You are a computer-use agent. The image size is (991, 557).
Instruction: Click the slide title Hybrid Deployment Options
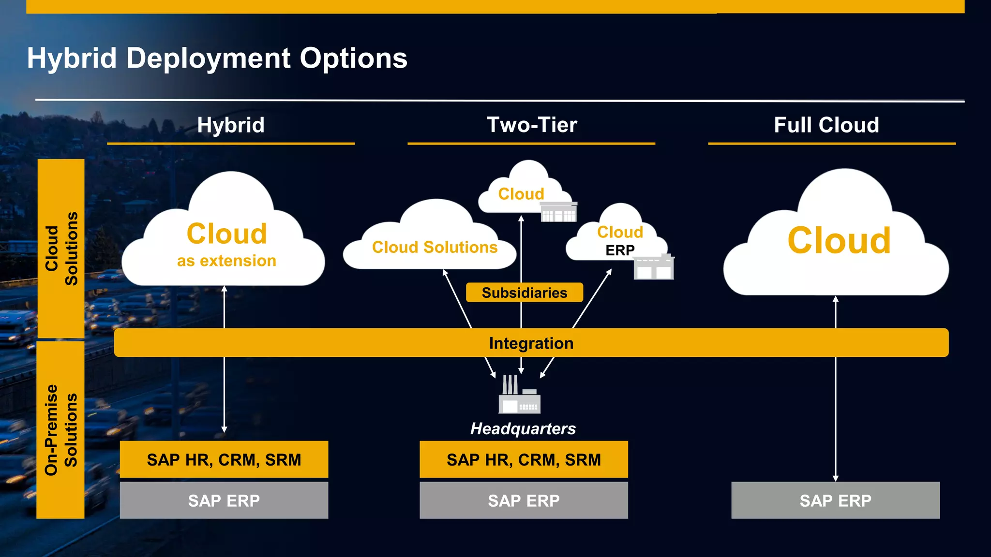(217, 59)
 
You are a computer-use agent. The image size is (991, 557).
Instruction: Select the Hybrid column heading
(231, 125)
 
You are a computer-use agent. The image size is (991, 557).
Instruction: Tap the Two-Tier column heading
(531, 125)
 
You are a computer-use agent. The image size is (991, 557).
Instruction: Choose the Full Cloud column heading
(826, 125)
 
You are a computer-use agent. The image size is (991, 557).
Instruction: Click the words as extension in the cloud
(226, 261)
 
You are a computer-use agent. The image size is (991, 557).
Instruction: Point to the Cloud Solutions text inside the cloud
(435, 248)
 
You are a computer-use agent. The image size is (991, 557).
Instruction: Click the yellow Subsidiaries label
(524, 293)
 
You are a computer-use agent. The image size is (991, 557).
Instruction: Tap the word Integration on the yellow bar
(531, 343)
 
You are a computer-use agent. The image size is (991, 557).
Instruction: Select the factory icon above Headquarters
(519, 395)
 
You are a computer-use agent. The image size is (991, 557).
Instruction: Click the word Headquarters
(523, 429)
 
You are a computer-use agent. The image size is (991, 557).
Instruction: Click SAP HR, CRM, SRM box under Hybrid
(224, 459)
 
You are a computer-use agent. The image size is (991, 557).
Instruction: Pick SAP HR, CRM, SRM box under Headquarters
(524, 459)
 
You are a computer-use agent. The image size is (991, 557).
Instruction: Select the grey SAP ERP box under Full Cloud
(835, 500)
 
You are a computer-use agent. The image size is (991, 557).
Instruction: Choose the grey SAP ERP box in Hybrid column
(224, 500)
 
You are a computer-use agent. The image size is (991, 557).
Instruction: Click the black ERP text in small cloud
(620, 250)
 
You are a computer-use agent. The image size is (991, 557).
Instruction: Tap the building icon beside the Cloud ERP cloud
(653, 267)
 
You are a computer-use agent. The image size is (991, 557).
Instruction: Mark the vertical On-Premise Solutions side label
(60, 430)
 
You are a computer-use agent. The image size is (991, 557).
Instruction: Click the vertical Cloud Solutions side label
(60, 249)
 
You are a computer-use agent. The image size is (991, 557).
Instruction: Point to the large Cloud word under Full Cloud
(839, 240)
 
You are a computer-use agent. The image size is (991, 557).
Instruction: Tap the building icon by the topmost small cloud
(558, 212)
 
